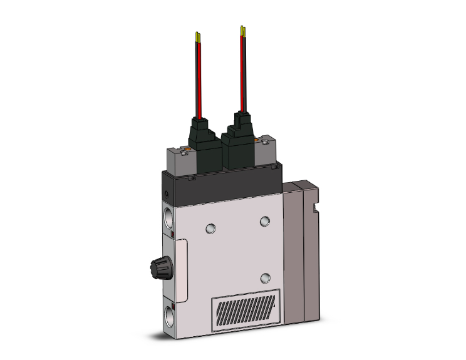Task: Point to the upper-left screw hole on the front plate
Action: pos(211,226)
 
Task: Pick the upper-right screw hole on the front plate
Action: pos(265,220)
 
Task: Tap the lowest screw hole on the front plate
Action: pos(265,277)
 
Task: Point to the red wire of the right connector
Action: pos(241,75)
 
